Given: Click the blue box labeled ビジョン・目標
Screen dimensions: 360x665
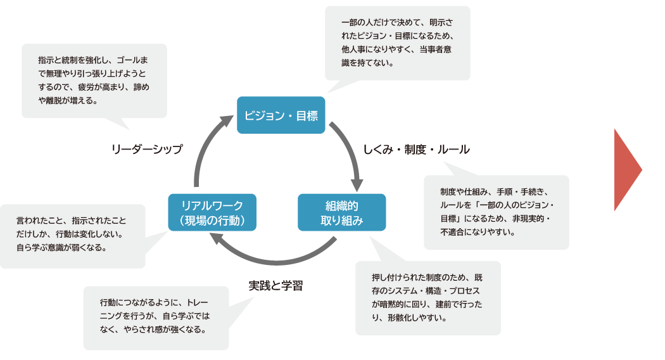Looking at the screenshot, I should click(281, 115).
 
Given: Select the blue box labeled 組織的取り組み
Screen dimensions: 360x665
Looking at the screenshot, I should click(341, 212).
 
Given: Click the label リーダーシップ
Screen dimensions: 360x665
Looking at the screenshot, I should click(147, 150).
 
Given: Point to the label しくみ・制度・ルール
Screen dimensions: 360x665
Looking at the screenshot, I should click(416, 150).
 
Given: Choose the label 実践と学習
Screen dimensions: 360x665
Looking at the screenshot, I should click(275, 285).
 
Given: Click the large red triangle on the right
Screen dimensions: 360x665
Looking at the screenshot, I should click(626, 169).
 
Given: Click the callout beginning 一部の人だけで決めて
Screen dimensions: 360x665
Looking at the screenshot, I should click(397, 43).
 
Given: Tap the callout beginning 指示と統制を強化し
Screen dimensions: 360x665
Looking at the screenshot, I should click(94, 80).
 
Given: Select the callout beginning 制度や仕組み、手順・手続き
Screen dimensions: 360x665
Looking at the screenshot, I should click(496, 212).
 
